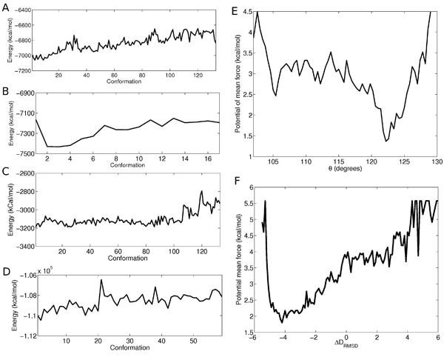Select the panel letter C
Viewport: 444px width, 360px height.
click(x=6, y=173)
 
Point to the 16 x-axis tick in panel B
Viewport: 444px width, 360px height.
click(x=205, y=160)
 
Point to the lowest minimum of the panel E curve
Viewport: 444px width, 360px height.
click(x=386, y=141)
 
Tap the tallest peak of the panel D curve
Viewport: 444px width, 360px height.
click(x=101, y=279)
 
